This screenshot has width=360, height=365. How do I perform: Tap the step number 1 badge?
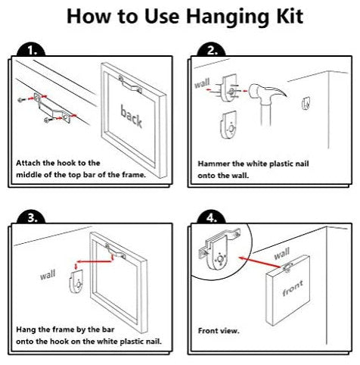coord(31,51)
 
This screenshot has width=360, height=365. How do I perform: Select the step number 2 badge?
coord(211,51)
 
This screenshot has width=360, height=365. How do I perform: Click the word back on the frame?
coord(132,117)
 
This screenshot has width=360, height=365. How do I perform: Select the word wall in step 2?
coord(202,83)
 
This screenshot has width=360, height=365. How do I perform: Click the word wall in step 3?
coord(48,275)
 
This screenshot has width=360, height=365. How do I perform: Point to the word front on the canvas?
coord(293,289)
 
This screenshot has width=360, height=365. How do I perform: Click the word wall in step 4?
coord(282,254)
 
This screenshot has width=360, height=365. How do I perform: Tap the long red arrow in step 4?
coord(259,262)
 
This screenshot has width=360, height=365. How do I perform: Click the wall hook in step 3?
coord(76,282)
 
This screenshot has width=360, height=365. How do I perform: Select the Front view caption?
coord(219,331)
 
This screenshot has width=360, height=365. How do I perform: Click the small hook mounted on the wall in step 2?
coord(306,104)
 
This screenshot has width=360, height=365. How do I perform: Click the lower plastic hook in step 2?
coord(229,126)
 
